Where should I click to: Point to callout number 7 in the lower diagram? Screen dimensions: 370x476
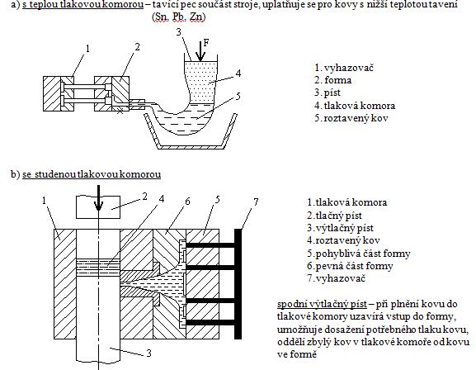tap(257, 202)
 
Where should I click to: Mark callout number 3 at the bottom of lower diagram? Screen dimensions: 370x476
tap(125, 353)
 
